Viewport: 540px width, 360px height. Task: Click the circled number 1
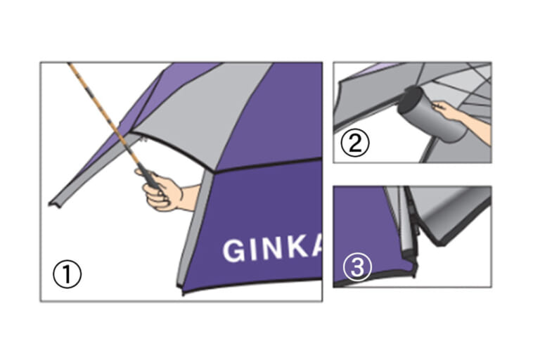pos(67,274)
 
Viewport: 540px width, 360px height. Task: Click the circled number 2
pos(354,143)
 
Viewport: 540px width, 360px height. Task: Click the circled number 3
pos(357,267)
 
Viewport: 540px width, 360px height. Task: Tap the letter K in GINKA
pos(299,247)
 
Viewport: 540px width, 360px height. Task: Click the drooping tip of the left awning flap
pos(54,205)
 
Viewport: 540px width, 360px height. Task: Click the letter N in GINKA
pos(272,248)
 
